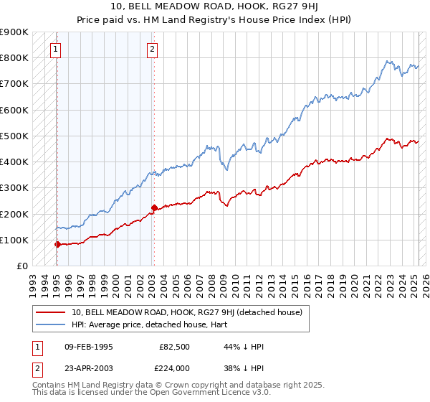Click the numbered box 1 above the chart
point(56,50)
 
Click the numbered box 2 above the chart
point(153,50)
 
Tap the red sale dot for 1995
point(57,244)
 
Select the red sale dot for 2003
point(154,207)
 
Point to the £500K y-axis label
point(14,136)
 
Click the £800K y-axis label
point(14,57)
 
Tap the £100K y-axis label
point(14,240)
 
